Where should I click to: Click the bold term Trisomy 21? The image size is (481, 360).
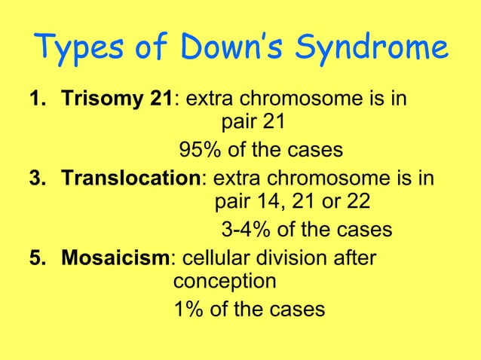click(x=118, y=99)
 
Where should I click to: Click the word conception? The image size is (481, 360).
click(x=224, y=282)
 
